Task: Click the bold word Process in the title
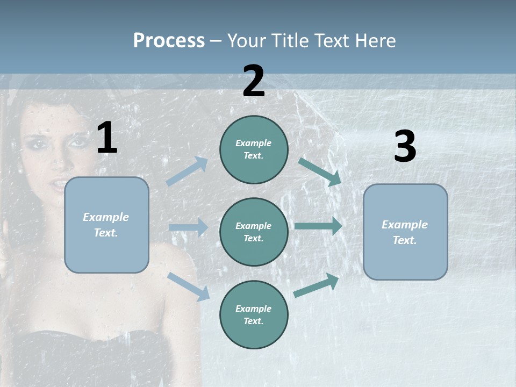click(169, 41)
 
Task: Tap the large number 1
click(107, 138)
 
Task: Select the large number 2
click(254, 81)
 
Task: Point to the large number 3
click(405, 147)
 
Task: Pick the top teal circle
click(254, 149)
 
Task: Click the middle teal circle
click(254, 232)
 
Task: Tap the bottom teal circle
click(254, 314)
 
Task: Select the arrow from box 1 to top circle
click(187, 171)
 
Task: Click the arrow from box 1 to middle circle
click(188, 227)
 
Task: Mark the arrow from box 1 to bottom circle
click(188, 286)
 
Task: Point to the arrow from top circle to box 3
click(320, 171)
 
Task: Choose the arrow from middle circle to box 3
click(318, 226)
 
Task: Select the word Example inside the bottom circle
click(254, 309)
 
